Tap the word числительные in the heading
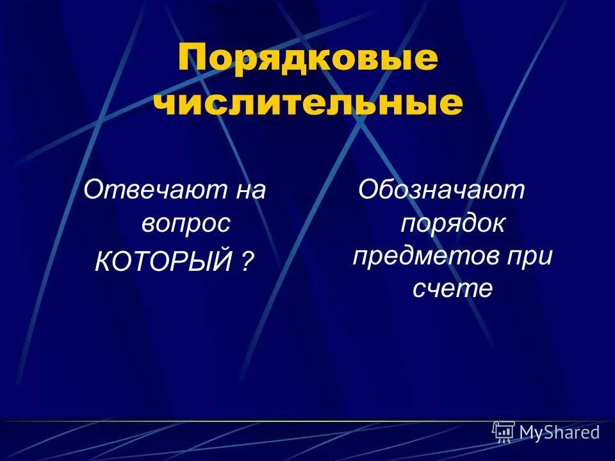point(308,104)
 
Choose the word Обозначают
point(442,190)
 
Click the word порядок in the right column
point(453,223)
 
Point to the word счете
point(453,289)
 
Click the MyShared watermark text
point(559,433)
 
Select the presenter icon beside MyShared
point(504,432)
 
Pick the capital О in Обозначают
point(370,190)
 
